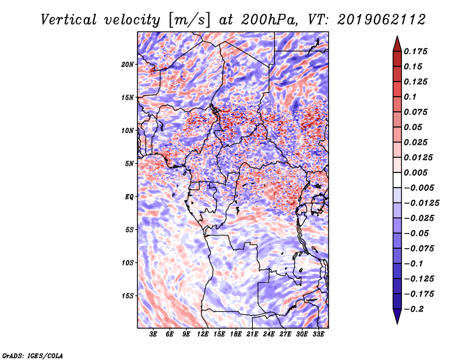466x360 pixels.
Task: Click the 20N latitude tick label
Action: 128,64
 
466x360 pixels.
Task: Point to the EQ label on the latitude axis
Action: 129,196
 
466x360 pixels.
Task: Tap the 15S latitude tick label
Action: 128,295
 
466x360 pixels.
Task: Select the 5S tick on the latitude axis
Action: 129,230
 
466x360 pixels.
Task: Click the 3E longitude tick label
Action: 154,334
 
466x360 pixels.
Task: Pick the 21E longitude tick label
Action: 252,334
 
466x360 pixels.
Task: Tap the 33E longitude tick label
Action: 318,334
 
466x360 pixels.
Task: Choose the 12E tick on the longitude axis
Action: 203,334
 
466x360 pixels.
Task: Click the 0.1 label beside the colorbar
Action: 410,97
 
